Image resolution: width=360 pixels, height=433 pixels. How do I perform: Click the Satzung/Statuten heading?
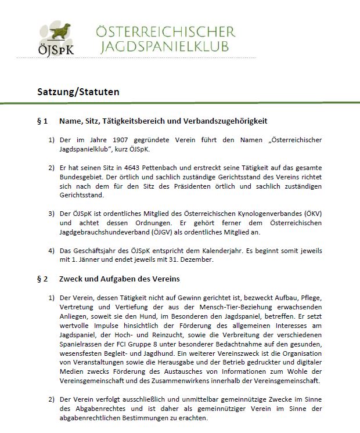tap(78, 92)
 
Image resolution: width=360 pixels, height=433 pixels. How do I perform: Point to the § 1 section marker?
tap(42, 121)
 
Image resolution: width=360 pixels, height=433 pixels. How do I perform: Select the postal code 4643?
tap(135, 168)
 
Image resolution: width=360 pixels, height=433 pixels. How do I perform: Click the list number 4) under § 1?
tap(51, 251)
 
